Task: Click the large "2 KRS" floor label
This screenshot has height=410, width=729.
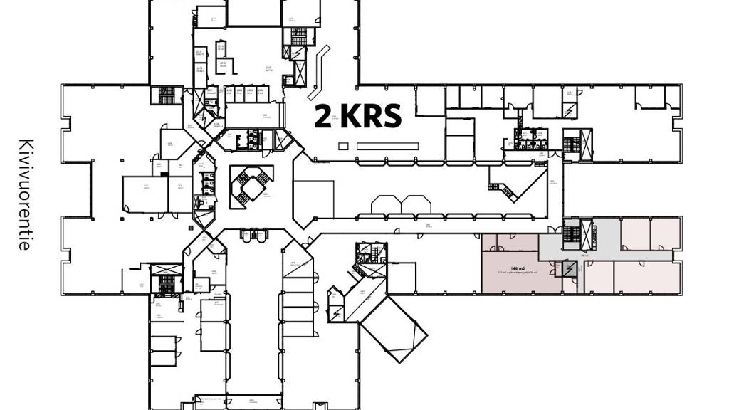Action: (x=358, y=116)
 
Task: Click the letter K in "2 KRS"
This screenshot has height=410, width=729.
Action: (x=349, y=116)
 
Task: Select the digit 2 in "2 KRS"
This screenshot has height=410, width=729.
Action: (x=322, y=116)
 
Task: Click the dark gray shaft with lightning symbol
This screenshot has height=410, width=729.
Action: (x=569, y=268)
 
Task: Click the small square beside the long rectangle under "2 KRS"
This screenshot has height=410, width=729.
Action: (x=343, y=146)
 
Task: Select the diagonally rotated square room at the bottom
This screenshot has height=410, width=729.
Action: (x=394, y=328)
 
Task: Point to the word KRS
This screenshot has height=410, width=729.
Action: (x=371, y=116)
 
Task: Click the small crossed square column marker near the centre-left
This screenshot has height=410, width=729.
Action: (x=191, y=226)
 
